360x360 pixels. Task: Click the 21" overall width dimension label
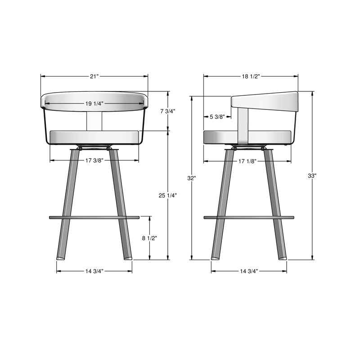[94, 76]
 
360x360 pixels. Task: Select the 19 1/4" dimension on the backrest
[94, 103]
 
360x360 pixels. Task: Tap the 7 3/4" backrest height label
[167, 111]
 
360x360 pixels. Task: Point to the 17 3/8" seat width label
[94, 160]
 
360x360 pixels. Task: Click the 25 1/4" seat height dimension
[168, 195]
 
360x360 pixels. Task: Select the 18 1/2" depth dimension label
[251, 76]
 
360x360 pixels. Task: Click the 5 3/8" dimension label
[217, 117]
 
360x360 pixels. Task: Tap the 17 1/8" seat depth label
[247, 161]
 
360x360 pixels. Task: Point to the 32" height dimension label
[192, 178]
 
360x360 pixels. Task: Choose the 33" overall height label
[312, 175]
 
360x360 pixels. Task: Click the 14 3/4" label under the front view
[94, 271]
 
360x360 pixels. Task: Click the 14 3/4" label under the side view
[249, 271]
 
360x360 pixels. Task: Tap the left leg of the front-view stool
[67, 202]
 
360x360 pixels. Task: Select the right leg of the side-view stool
[274, 202]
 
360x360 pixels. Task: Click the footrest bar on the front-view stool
[94, 218]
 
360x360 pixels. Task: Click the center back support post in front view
[94, 121]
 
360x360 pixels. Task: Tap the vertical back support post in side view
[242, 126]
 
